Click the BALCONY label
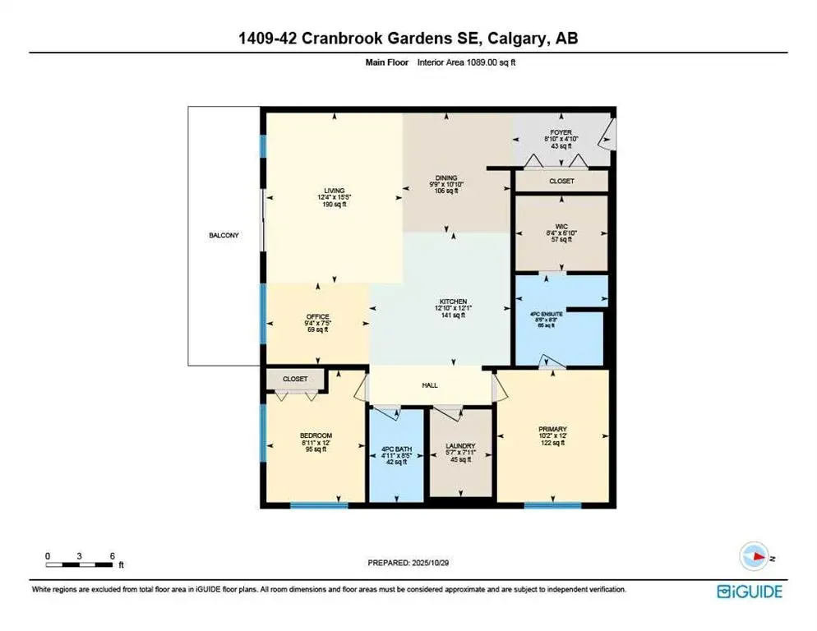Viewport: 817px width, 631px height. point(224,236)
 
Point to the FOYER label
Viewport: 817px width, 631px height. point(561,131)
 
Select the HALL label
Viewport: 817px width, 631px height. point(431,385)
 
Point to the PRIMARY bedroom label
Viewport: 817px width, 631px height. point(552,428)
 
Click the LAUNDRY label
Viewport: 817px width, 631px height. point(460,446)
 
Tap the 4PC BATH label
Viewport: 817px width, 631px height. point(395,449)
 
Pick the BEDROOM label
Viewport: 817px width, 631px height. point(315,435)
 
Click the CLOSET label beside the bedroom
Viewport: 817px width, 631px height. point(295,379)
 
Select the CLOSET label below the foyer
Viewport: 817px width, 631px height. point(561,181)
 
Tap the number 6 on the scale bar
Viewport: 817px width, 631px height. point(112,556)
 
